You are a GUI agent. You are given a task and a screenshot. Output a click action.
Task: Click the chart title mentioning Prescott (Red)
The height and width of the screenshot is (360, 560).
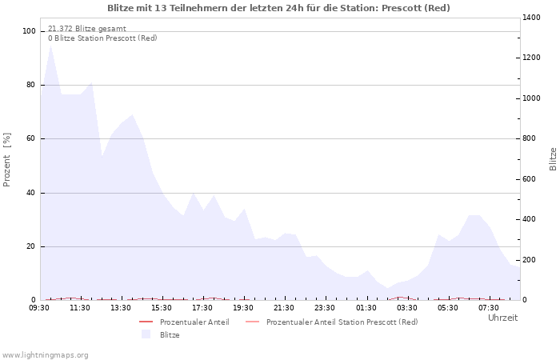pos(278,8)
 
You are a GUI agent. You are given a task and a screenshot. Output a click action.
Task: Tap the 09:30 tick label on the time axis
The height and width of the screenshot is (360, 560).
pos(39,308)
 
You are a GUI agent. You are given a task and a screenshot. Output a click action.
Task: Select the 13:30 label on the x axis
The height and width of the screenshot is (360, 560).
pos(121,308)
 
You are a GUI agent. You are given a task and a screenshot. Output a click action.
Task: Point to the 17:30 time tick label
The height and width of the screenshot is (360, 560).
pos(202,308)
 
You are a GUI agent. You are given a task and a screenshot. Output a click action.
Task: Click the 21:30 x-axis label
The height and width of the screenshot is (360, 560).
pos(284,308)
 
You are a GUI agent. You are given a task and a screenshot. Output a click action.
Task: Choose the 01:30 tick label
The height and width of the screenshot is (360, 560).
pos(366,308)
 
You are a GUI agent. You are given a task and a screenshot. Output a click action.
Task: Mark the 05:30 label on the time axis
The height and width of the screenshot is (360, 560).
pos(447,308)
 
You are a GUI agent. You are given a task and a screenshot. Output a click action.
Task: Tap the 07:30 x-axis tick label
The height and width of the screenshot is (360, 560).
pos(488,308)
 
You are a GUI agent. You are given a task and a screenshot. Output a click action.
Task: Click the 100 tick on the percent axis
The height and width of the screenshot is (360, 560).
pos(30,31)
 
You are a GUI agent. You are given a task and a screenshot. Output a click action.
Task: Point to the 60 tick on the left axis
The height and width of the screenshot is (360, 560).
pos(32,139)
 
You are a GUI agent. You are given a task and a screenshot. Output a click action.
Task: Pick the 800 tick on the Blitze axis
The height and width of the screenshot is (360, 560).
pos(530,139)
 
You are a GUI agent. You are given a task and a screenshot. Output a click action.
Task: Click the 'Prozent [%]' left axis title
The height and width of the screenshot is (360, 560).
pos(7,159)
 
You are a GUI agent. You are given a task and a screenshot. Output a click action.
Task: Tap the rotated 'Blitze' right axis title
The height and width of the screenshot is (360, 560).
pos(553,158)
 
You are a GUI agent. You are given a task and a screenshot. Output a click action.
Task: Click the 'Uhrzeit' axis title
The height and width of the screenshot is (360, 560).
pos(502,318)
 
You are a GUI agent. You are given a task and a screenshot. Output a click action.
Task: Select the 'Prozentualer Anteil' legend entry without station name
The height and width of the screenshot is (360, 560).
pos(194,322)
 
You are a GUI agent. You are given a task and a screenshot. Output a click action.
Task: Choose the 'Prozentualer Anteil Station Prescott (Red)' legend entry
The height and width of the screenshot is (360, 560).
pos(342,322)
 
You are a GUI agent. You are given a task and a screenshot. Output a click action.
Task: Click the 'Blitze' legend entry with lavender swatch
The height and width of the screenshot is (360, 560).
pos(170,335)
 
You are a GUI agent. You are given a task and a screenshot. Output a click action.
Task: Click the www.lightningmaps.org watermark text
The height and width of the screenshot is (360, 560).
pos(45,354)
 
